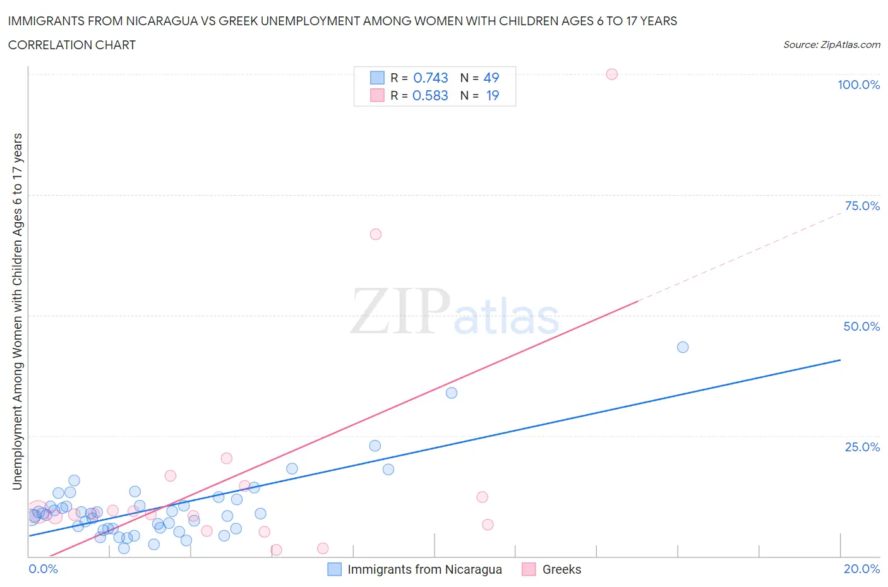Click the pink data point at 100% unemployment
pos(611,74)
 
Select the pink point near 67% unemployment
pos(376,234)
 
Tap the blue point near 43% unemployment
pos(683,347)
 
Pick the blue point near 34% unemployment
pos(452,393)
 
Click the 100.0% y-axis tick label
pos(858,85)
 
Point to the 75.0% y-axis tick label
pos(862,206)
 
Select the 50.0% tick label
pos(861,326)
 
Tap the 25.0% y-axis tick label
pos(862,447)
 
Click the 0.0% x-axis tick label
pos(44,569)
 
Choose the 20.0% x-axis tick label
pos(861,569)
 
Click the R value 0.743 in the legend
pos(431,78)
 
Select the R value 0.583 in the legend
pos(430,95)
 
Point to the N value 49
pos(491,78)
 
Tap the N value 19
pos(493,95)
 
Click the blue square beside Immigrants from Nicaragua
pos(334,569)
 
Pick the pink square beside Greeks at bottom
pos(529,569)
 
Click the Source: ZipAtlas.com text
pos(831,45)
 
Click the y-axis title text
pos(17,311)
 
